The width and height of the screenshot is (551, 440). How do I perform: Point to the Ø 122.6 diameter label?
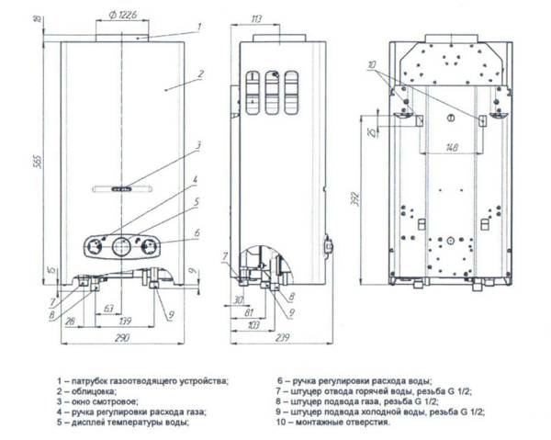(122, 15)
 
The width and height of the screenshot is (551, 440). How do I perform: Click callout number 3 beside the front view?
(197, 145)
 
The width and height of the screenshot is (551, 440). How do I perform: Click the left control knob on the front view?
(94, 245)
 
